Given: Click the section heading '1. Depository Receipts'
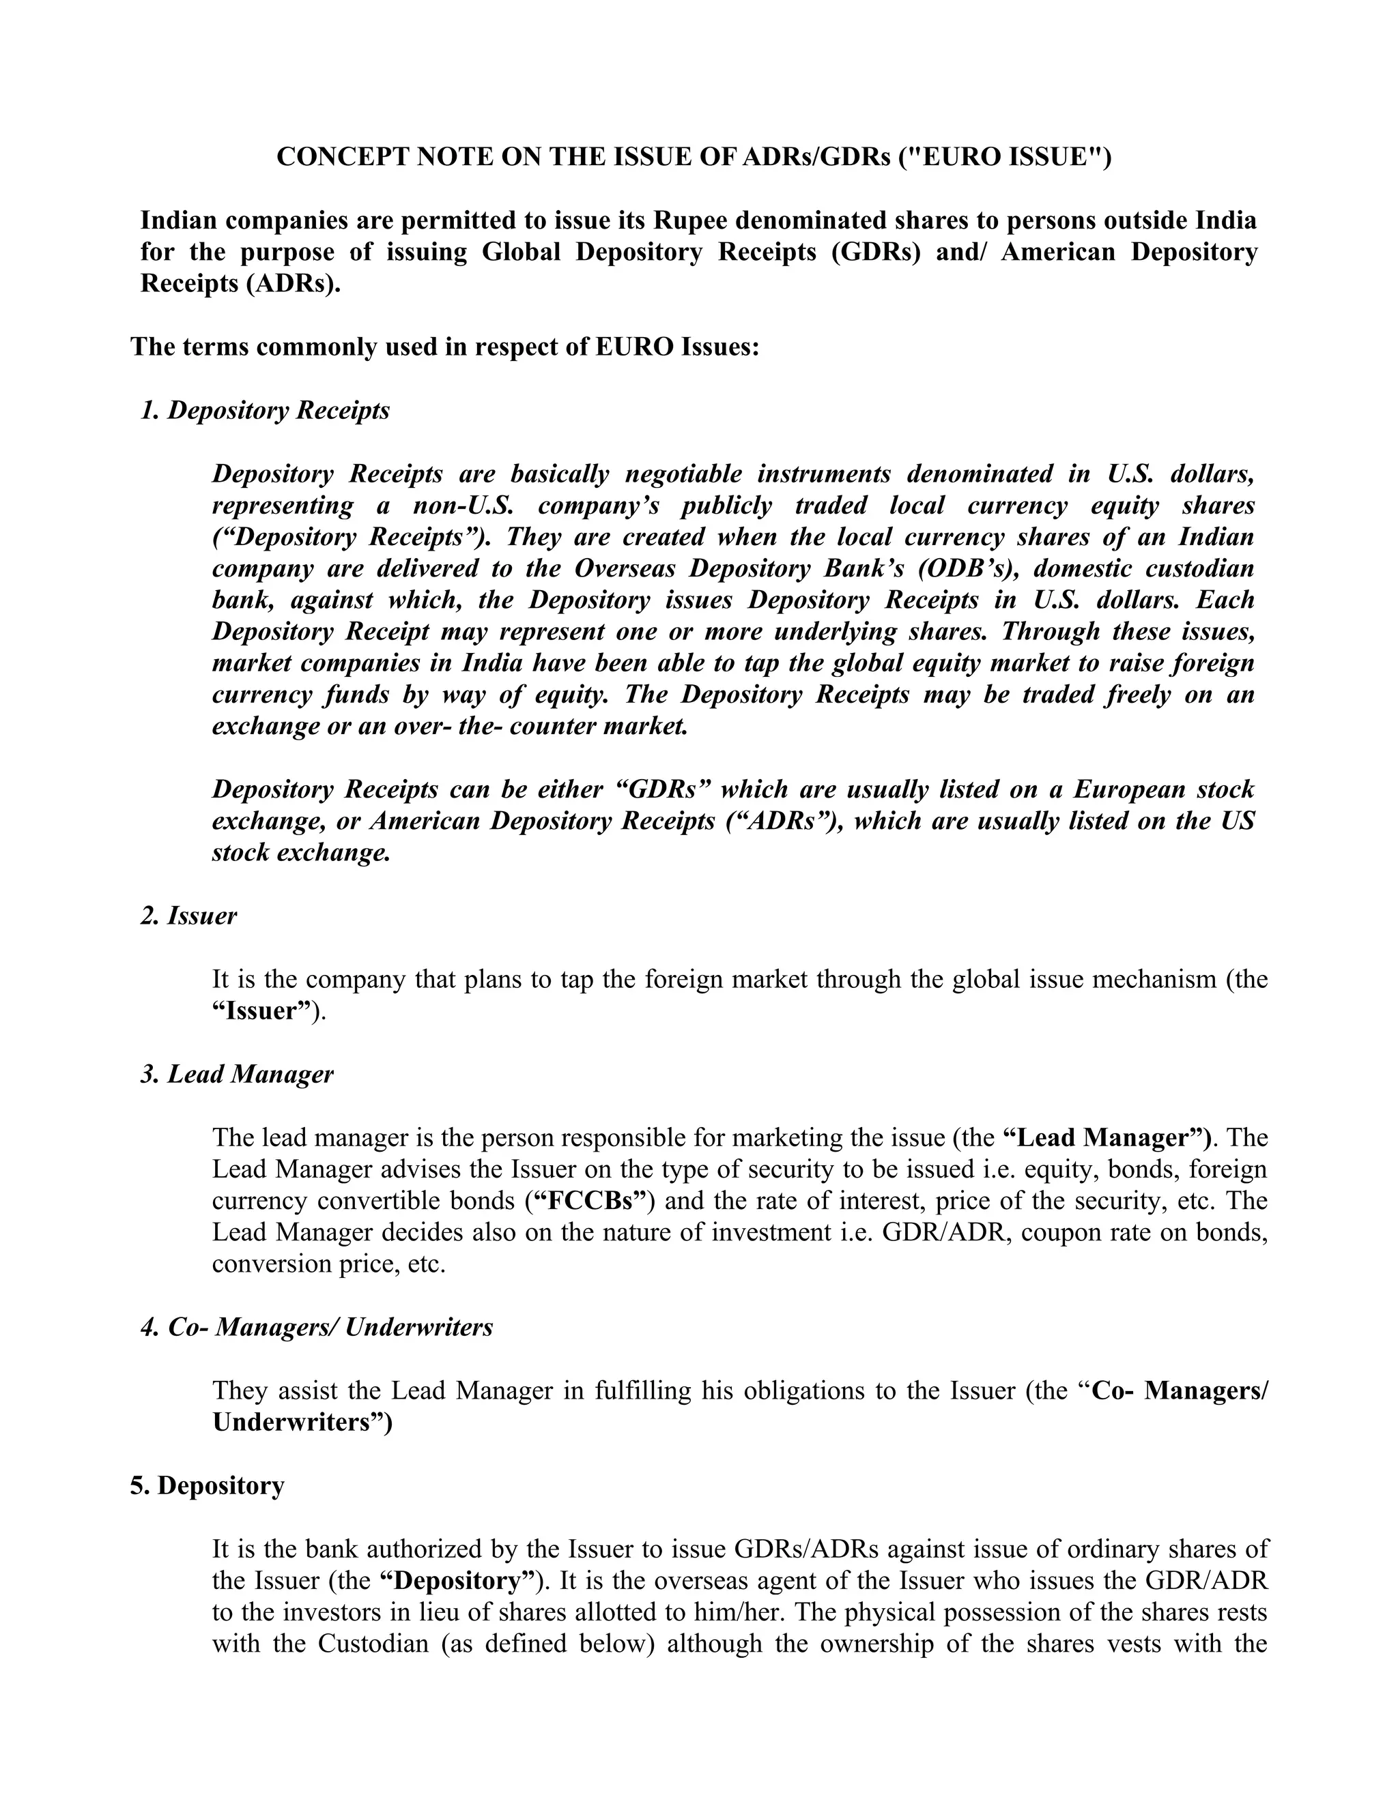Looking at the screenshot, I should pos(265,411).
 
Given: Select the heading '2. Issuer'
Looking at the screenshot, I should pos(189,916).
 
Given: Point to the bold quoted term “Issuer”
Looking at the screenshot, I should pos(260,1011).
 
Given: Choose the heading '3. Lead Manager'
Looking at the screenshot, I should pos(237,1075).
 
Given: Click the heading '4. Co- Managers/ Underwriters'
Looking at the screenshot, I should pos(317,1327).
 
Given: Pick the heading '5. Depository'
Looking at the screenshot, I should pos(207,1486).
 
